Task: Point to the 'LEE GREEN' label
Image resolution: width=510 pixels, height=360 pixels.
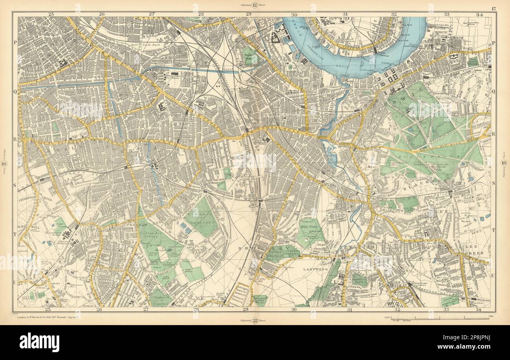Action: (x=476, y=251)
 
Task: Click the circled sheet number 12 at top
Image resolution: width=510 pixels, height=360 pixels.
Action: (x=255, y=5)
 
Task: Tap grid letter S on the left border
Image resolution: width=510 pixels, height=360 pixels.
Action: (x=15, y=184)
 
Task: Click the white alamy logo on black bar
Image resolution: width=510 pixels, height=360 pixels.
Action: (x=39, y=342)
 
